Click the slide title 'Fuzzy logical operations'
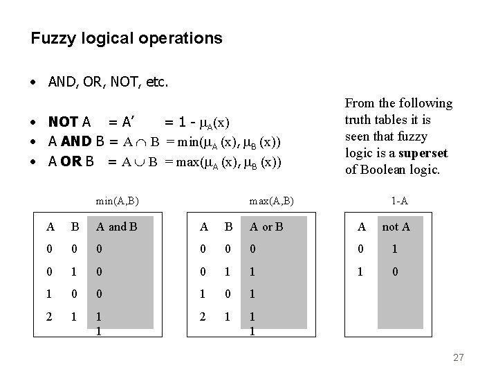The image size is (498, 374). (x=127, y=38)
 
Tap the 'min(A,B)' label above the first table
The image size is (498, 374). (x=118, y=202)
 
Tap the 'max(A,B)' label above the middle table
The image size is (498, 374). (x=272, y=202)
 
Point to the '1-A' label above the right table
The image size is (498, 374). (x=399, y=202)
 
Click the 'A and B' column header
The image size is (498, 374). (x=116, y=226)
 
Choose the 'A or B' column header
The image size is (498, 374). (x=267, y=226)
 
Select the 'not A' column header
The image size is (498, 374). (x=396, y=226)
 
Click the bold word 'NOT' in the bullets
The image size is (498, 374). (x=63, y=123)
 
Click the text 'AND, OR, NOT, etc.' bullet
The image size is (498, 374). (x=108, y=82)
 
